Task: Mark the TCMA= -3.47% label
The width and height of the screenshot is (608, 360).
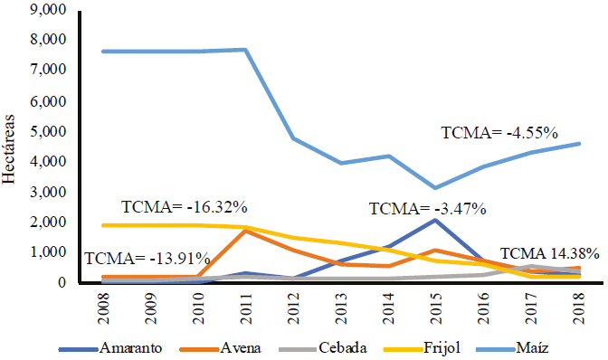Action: [x=428, y=209]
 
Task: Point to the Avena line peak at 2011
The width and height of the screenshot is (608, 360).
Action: [x=246, y=231]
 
